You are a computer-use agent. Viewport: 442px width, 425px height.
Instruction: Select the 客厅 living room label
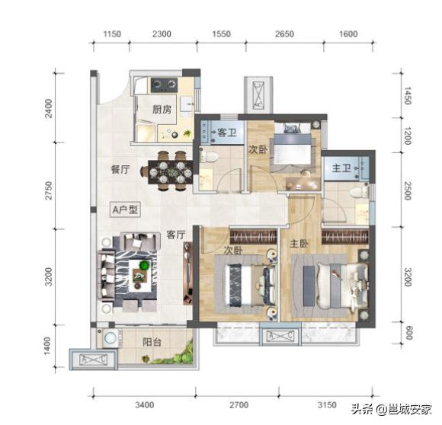click(x=176, y=236)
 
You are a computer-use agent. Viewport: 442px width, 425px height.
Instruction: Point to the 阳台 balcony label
click(x=152, y=342)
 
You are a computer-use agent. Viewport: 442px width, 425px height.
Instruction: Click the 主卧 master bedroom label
click(x=299, y=244)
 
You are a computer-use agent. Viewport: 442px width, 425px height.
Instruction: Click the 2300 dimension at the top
click(x=161, y=34)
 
